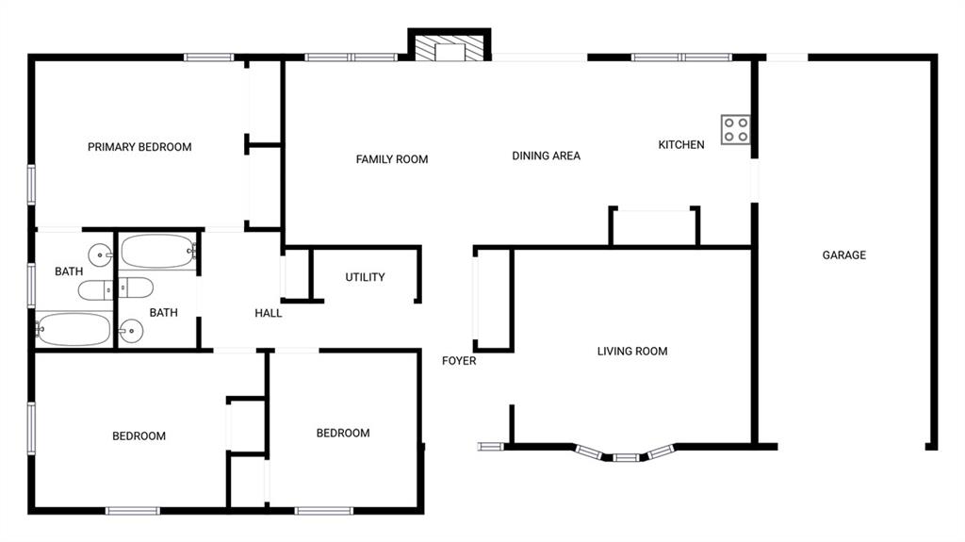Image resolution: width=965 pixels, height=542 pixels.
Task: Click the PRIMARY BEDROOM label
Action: pos(139,147)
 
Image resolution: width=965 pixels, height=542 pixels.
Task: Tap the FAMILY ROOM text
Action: pos(392,159)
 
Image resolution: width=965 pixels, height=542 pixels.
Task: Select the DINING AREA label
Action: pos(546,156)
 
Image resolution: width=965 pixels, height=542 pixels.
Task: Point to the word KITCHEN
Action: pos(680,145)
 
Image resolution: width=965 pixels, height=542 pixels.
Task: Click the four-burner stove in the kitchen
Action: pos(736,130)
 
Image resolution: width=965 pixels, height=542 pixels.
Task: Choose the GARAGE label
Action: pos(843,255)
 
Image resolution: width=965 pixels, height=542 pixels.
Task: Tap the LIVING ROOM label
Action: pos(631,352)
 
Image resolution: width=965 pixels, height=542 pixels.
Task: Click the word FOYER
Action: pos(459,361)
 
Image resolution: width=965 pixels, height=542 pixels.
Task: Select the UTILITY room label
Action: pos(365,277)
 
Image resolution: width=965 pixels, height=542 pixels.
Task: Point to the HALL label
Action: pos(269,313)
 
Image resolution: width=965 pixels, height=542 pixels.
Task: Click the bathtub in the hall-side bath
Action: pos(157,252)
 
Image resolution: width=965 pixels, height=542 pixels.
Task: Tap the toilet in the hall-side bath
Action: pos(138,287)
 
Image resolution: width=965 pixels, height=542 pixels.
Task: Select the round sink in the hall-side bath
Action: pos(131,330)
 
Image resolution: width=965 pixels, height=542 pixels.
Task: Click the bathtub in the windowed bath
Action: pos(74,330)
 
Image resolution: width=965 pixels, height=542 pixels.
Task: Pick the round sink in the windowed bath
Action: pos(100,255)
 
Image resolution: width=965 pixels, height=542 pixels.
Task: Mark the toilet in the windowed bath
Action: pos(94,290)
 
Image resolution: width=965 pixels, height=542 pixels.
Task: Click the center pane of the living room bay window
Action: pos(625,458)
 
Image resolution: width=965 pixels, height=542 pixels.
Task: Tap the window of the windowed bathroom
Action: pos(31,285)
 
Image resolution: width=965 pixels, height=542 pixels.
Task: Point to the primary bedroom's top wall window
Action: pos(209,57)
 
